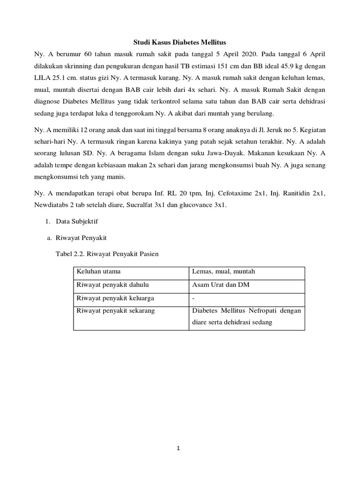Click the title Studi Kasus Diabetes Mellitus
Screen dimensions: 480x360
pos(180,42)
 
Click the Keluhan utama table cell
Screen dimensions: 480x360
pos(98,272)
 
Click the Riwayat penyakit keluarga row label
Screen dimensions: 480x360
pos(116,298)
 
